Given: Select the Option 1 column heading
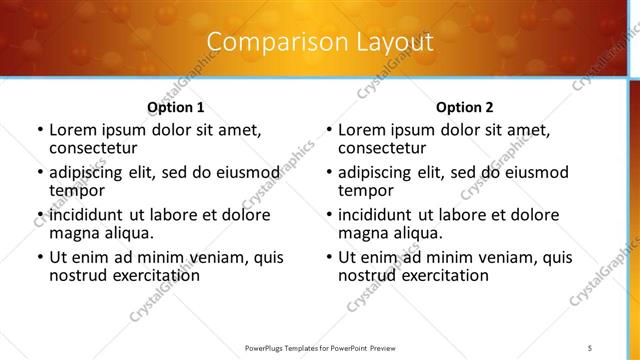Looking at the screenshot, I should (x=175, y=107).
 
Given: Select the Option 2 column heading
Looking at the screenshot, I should (x=464, y=107).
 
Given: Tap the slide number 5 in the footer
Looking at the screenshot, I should (x=590, y=347).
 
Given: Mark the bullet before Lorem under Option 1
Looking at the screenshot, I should (x=39, y=130).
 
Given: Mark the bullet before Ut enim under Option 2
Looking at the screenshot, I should (x=328, y=257).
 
